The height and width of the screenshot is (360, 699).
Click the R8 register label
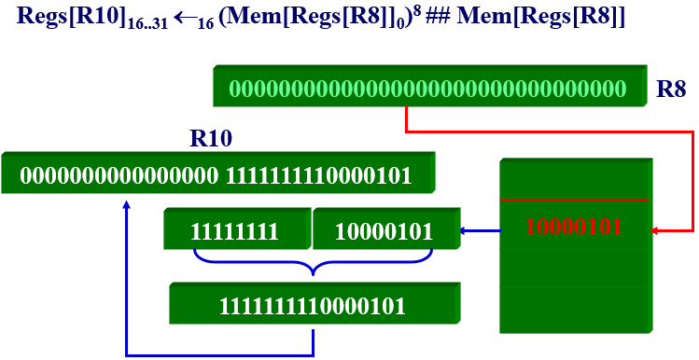(x=672, y=90)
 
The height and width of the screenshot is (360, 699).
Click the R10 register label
(x=211, y=140)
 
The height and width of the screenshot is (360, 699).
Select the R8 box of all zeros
(x=427, y=90)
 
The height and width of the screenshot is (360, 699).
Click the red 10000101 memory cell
(x=573, y=226)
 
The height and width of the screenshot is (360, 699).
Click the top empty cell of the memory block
(x=573, y=179)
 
